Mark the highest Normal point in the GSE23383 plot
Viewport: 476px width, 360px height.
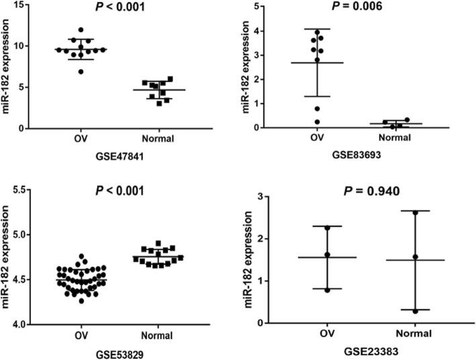416,213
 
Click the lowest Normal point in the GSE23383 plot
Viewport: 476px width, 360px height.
416,311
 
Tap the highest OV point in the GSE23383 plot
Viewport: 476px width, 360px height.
327,228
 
